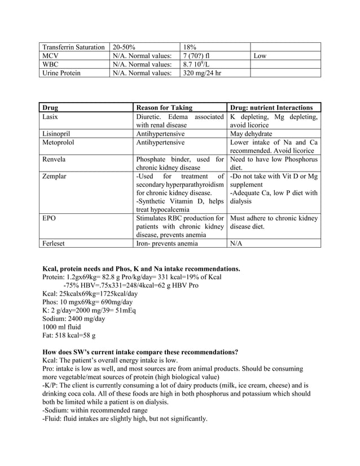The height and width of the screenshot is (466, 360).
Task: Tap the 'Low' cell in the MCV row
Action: coord(260,56)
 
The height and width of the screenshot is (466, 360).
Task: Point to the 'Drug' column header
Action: coord(50,107)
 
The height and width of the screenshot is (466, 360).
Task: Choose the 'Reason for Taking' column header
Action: coord(164,107)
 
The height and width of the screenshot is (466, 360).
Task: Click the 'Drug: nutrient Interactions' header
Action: coord(271,107)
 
